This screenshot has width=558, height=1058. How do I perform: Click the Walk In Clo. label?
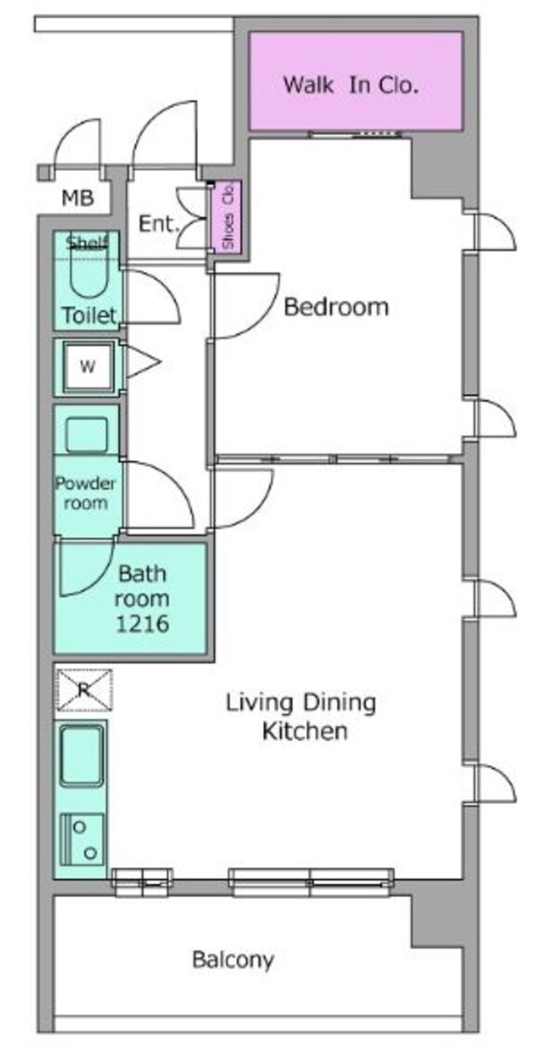[x=351, y=86]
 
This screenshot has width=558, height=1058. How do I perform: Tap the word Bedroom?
[x=336, y=307]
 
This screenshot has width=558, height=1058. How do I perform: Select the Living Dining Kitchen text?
[x=301, y=717]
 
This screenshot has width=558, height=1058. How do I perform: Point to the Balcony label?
[x=233, y=959]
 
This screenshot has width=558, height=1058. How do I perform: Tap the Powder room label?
[x=86, y=493]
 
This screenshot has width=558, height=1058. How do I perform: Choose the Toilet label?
[x=89, y=314]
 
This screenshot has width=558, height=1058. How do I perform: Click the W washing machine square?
[x=87, y=367]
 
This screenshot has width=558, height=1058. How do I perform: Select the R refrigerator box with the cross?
[x=84, y=690]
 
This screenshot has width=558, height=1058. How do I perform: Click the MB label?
[x=77, y=198]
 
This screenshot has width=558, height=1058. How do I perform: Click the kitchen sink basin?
[x=83, y=756]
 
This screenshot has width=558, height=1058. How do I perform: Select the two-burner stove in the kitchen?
[x=83, y=839]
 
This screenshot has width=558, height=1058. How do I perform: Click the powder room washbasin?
[x=86, y=434]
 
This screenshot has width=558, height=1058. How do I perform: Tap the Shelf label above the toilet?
[x=86, y=244]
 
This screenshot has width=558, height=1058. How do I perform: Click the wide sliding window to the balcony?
[x=311, y=882]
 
